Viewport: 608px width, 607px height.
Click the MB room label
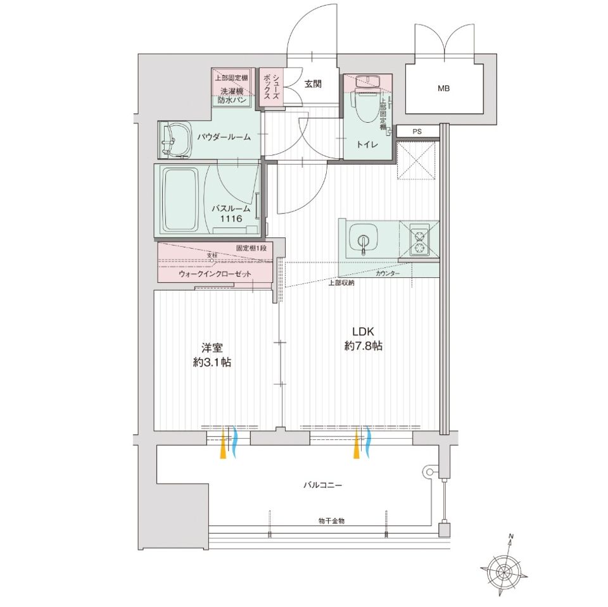443,89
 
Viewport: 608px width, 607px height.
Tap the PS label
417,132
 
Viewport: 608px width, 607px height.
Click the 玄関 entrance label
313,84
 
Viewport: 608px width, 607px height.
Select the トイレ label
367,144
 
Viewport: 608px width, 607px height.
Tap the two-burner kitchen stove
419,242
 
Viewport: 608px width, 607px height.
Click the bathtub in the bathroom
180,200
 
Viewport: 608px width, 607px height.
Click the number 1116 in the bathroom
231,218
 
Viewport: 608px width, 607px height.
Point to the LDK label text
363,332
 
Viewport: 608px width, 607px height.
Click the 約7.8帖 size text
364,346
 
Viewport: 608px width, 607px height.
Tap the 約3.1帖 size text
212,362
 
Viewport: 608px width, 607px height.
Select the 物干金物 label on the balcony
331,521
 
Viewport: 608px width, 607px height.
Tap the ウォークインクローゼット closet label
215,274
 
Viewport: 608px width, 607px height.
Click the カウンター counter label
388,273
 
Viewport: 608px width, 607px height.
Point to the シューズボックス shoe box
272,87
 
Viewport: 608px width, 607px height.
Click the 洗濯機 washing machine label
232,92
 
